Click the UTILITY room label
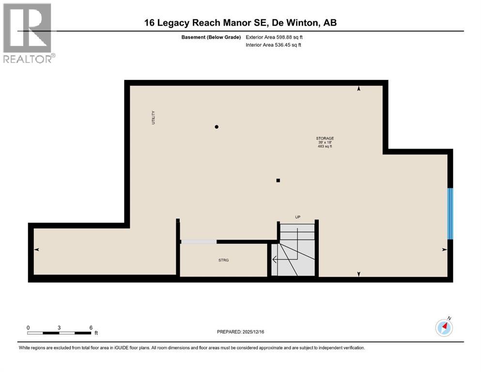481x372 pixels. [x=154, y=118]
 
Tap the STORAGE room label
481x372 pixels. [x=325, y=138]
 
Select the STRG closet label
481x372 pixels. [x=223, y=260]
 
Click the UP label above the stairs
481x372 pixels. [x=298, y=217]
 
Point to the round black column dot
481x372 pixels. [x=217, y=127]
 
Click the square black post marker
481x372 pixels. [x=278, y=181]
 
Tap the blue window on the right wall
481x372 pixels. [x=450, y=214]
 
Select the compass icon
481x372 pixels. [x=444, y=327]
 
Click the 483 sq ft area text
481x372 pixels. [x=325, y=146]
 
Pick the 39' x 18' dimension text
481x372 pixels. [x=325, y=142]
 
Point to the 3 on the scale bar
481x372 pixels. [x=59, y=327]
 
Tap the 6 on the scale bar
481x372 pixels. [x=91, y=327]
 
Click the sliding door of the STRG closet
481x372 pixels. [x=199, y=241]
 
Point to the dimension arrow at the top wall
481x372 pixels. [x=358, y=89]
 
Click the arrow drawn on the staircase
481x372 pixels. [x=275, y=260]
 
